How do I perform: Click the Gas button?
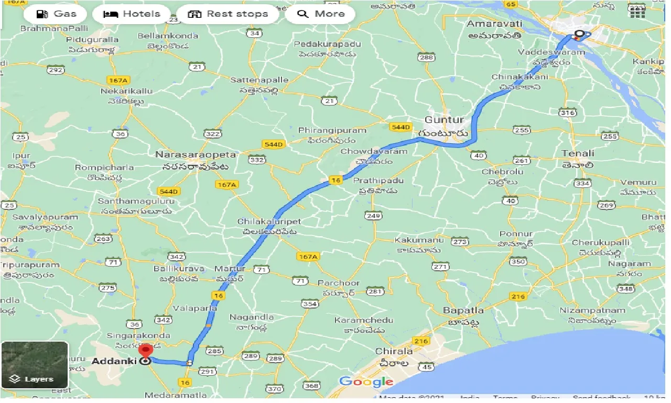tap(56, 14)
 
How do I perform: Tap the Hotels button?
tap(132, 14)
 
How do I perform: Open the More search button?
tap(320, 14)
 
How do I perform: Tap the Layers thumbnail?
tap(35, 365)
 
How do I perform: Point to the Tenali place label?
tap(578, 153)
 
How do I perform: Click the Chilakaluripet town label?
tap(269, 221)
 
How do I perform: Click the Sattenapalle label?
tap(259, 80)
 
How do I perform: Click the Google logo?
tap(366, 381)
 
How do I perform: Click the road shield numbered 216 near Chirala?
tap(420, 341)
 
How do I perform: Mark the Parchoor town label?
tap(339, 283)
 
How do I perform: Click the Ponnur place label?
tap(516, 234)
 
